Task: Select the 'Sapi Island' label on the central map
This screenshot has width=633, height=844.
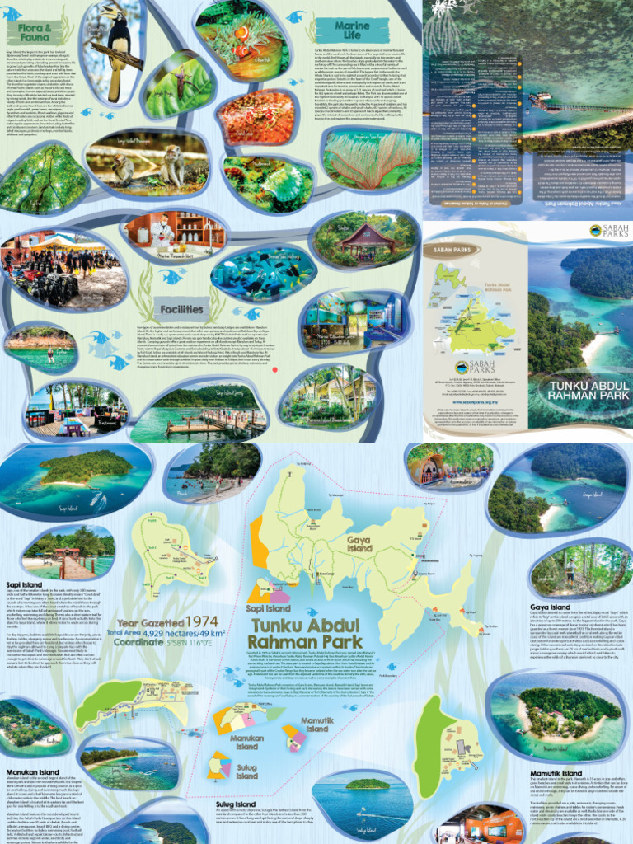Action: pos(267,607)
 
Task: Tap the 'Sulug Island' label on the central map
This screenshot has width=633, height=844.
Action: pos(246,771)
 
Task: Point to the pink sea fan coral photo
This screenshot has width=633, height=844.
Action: pos(371,160)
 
